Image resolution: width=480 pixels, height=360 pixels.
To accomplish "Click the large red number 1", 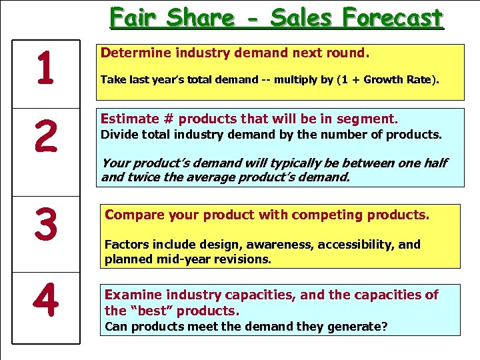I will click(x=45, y=71).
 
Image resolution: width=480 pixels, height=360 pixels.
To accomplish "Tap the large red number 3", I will click(x=45, y=225).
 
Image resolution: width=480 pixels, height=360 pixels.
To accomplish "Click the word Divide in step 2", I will click(x=117, y=135).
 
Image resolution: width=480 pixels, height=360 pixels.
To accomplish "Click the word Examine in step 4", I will click(x=132, y=295).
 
